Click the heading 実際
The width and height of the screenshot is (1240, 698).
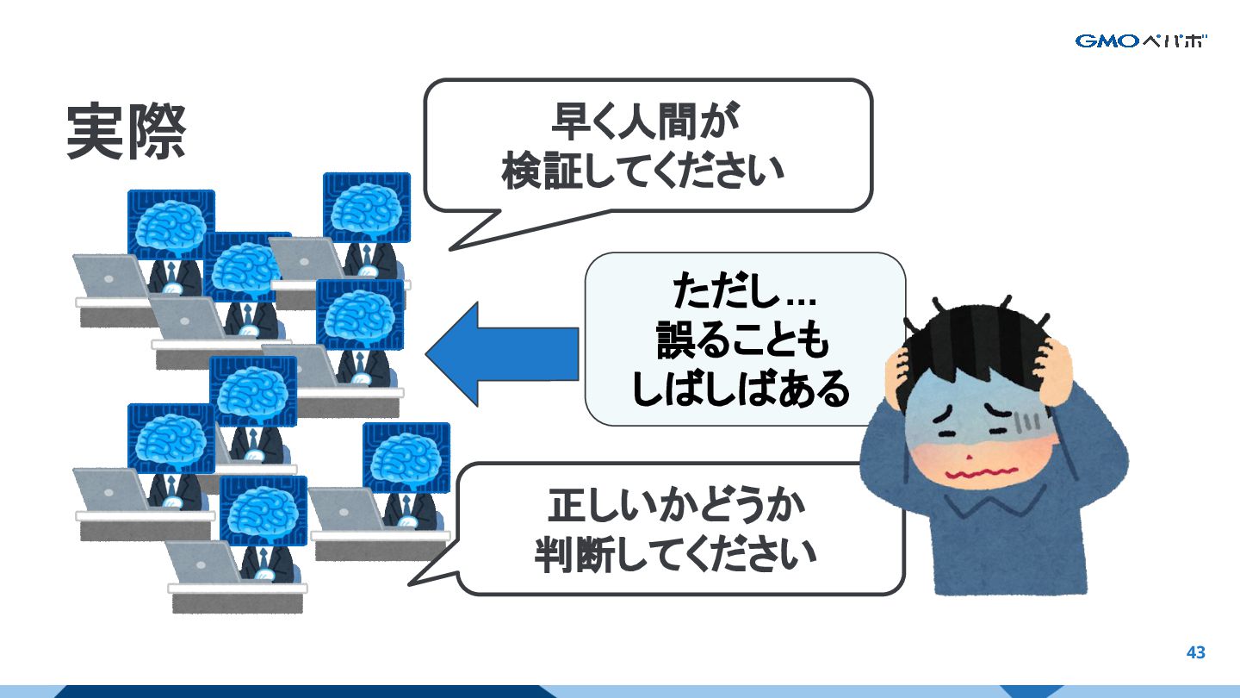[126, 133]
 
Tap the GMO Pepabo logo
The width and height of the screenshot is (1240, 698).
[1141, 41]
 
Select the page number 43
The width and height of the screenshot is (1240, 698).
[1195, 652]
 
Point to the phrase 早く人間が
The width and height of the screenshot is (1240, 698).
[646, 122]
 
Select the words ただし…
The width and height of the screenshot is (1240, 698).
[744, 293]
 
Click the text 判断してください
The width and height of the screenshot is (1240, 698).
[675, 554]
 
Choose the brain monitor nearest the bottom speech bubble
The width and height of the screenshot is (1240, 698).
[406, 457]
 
